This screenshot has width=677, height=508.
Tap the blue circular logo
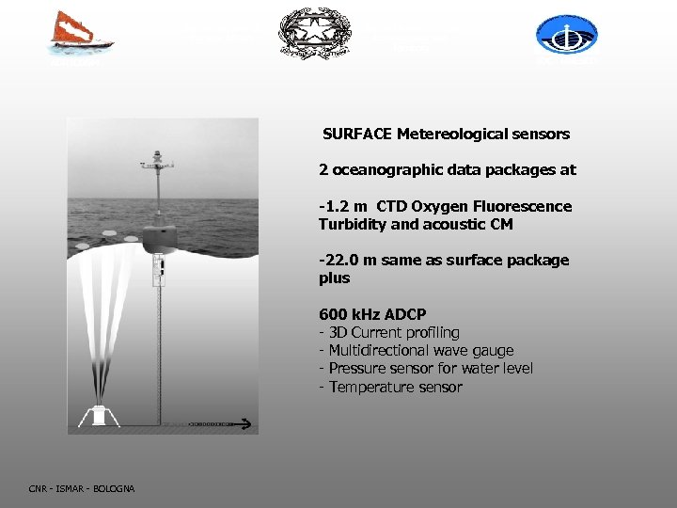(566, 35)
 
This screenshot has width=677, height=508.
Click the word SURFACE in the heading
(357, 134)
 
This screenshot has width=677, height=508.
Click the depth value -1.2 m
(341, 206)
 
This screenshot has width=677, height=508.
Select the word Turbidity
(351, 224)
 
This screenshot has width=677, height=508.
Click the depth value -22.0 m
(345, 260)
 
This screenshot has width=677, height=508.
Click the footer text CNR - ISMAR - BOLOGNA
(82, 488)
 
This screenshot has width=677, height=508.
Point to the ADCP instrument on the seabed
(98, 413)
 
